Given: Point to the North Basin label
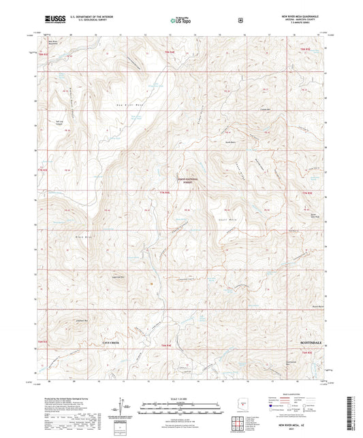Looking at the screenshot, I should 232,141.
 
